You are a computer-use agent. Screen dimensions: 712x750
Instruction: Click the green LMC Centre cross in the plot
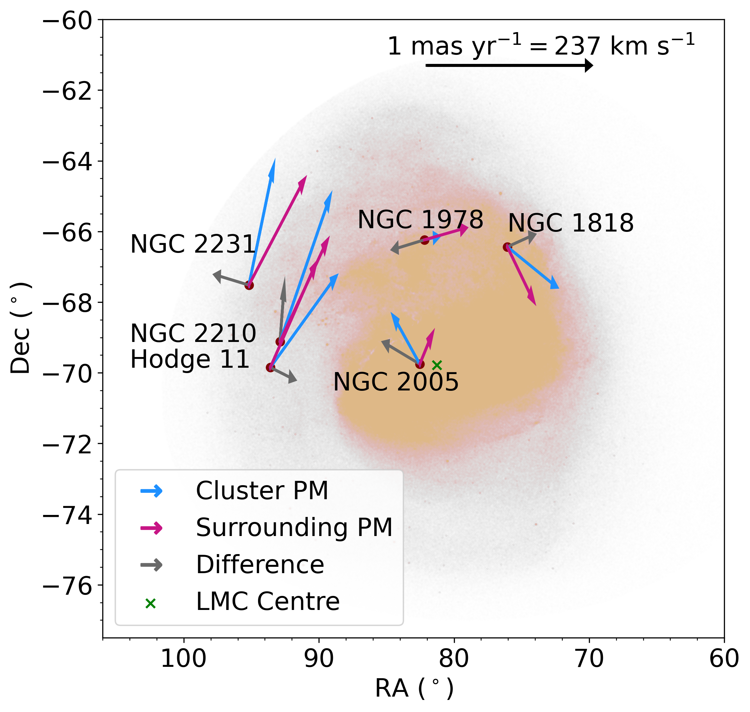pos(437,365)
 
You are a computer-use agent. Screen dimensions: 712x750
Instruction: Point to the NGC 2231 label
pos(193,244)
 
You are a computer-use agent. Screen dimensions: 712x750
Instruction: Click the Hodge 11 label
pos(190,359)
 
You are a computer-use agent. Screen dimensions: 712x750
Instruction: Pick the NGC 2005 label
pos(396,382)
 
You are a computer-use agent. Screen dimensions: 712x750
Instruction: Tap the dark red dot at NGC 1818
pos(507,247)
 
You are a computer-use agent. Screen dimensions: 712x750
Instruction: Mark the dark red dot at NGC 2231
pos(249,285)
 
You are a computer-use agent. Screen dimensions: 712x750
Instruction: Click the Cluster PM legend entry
pos(262,491)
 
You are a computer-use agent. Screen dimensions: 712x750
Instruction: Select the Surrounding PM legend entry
pos(294,528)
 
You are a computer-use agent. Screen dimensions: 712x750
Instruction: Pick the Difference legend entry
pos(260,565)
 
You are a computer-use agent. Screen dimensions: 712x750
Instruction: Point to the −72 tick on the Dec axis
pos(68,444)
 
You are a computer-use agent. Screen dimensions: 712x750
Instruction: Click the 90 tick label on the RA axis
pos(319,659)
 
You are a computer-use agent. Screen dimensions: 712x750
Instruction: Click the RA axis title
pos(414,689)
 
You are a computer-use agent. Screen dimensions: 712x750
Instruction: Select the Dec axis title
pos(20,328)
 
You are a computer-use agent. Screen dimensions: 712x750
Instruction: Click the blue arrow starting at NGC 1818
pos(533,268)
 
